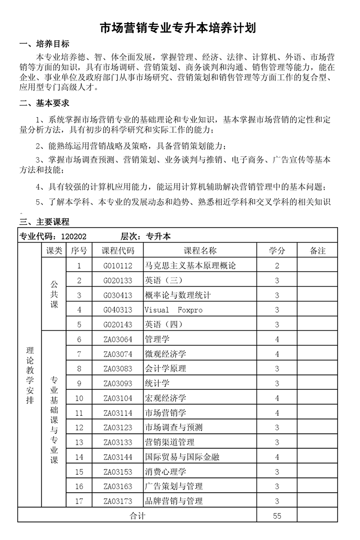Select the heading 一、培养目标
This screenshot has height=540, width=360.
(45, 44)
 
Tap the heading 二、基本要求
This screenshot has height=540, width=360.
(45, 103)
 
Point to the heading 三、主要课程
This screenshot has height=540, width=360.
(45, 222)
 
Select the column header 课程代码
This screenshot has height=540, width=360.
(118, 251)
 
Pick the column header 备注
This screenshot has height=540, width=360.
(318, 251)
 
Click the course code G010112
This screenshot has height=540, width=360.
(118, 265)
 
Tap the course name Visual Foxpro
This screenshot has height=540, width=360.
(174, 310)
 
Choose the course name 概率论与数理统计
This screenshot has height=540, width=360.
(178, 295)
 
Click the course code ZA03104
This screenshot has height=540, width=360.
(118, 398)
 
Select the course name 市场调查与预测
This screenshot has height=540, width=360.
(174, 427)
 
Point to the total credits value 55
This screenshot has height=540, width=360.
(277, 516)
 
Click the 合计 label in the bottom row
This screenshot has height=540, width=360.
(137, 516)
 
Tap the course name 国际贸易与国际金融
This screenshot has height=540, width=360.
(182, 457)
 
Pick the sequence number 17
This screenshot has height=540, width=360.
(79, 501)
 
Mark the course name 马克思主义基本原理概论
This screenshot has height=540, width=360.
(190, 265)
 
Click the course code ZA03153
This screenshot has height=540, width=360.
(118, 472)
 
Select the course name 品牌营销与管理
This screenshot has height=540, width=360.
(174, 501)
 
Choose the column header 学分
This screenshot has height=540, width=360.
(277, 251)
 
